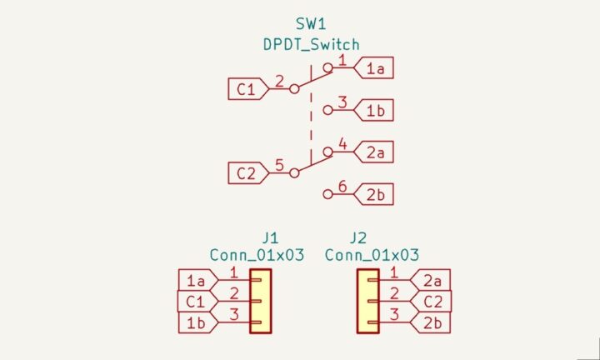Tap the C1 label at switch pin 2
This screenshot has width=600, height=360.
click(246, 87)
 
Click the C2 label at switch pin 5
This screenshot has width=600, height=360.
click(246, 173)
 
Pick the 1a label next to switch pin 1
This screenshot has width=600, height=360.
click(374, 68)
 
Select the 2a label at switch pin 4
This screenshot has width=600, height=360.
click(374, 153)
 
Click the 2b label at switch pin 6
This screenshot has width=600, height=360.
click(374, 196)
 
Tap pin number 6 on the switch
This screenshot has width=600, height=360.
click(342, 187)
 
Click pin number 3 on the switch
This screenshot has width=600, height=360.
click(342, 102)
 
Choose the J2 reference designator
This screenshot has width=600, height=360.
click(358, 237)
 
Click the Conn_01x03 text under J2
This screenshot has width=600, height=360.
click(372, 255)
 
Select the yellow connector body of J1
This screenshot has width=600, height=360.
click(261, 301)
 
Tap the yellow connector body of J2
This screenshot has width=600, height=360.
click(367, 301)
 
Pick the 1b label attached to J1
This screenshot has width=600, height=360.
click(196, 322)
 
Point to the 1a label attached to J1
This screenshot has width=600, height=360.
click(196, 280)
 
